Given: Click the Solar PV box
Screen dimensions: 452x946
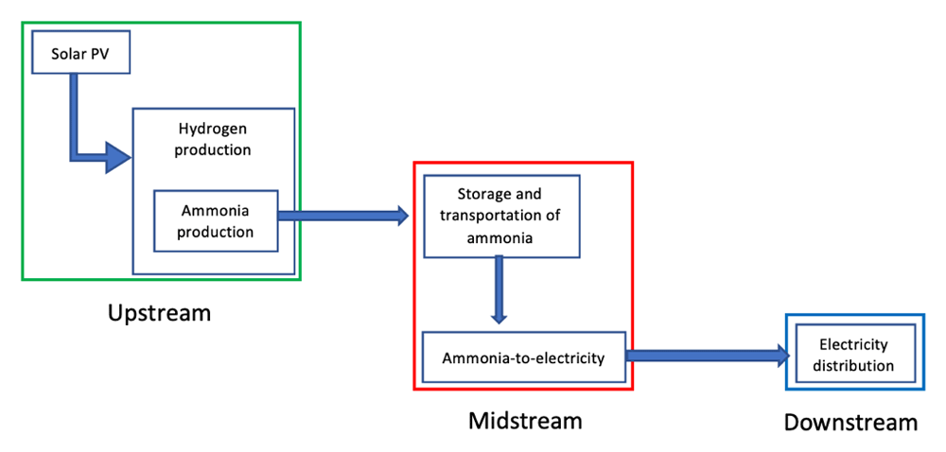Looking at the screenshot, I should [x=79, y=53].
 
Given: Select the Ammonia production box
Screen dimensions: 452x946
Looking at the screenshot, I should [x=216, y=220].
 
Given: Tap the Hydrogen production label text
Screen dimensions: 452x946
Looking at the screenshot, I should [x=215, y=139].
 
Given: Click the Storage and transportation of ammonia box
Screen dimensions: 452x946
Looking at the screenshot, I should [x=500, y=216].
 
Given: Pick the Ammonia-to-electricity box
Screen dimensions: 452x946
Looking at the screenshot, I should [x=523, y=357].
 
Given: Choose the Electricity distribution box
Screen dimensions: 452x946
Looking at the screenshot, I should [x=856, y=356].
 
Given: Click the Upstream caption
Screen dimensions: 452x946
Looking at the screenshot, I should [x=159, y=313].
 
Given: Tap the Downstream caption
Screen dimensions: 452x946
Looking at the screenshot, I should [x=850, y=422].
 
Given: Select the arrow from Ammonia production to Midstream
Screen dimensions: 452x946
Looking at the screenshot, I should [x=342, y=217].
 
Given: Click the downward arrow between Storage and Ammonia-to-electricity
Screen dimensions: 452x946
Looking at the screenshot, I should [x=500, y=289].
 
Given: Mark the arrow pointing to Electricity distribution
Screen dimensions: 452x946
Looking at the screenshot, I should [x=708, y=356].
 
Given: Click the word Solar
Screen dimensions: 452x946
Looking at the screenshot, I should [x=67, y=53].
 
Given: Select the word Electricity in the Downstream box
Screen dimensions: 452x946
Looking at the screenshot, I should [x=856, y=345].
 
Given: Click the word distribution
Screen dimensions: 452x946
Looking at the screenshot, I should [x=856, y=366].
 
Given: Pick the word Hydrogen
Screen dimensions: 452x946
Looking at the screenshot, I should [x=215, y=129].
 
